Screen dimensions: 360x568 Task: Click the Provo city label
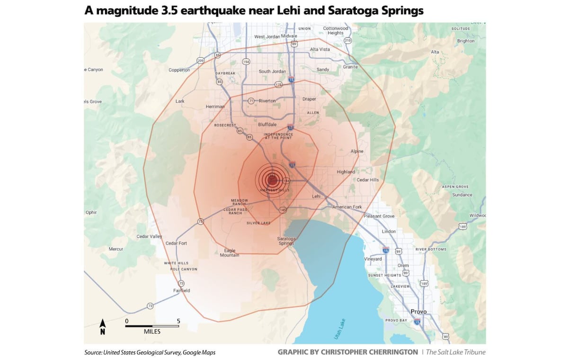(418, 311)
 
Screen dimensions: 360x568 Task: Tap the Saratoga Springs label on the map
(286, 241)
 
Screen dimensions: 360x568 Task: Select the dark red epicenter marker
(272, 180)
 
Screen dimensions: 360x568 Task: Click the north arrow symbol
(102, 326)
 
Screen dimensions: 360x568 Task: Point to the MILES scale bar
(152, 326)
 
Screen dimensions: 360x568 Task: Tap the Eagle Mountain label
(230, 253)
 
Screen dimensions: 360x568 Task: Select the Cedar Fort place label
(176, 243)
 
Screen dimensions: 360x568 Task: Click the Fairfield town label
(181, 290)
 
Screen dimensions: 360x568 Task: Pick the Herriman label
(215, 107)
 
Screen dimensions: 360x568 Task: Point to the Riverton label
(267, 100)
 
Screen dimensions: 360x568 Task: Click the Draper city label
(309, 99)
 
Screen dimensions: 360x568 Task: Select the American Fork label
(347, 207)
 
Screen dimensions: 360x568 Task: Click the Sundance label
(462, 195)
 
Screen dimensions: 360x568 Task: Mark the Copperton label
(179, 70)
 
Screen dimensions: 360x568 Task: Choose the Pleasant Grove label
(379, 216)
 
